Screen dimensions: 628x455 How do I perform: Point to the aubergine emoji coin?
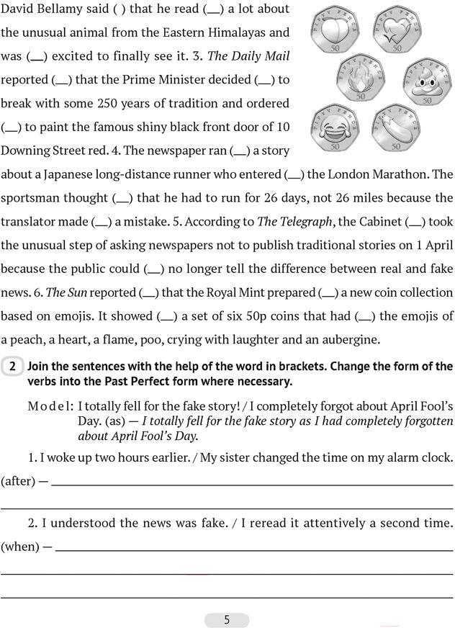[394, 128]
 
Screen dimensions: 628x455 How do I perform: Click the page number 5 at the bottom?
[227, 619]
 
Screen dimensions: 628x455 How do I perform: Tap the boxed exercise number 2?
[13, 367]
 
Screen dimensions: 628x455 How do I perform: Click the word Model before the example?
[50, 405]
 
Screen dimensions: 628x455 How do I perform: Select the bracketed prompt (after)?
[18, 480]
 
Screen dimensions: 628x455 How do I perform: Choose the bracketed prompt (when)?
[20, 546]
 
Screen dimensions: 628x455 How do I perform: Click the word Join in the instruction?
[40, 366]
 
